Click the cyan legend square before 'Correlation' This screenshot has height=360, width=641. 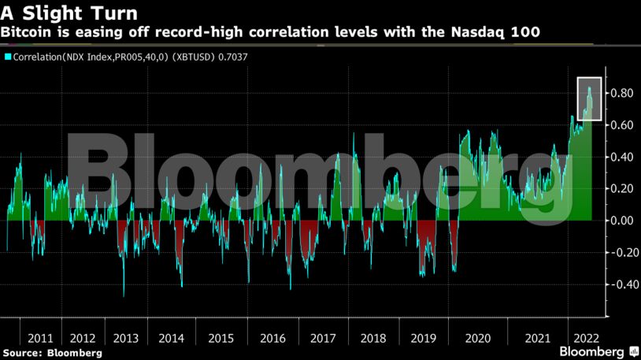click(8, 57)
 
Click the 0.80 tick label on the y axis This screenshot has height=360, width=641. click(621, 94)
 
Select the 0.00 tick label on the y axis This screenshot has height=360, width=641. click(621, 221)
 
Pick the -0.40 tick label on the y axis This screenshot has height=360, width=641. click(619, 284)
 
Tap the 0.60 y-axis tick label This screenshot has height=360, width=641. click(621, 125)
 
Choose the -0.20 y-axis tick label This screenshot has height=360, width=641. click(619, 253)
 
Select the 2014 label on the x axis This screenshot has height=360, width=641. click(172, 338)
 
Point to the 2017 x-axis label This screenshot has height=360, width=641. click(322, 338)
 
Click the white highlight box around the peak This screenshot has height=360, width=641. click(589, 78)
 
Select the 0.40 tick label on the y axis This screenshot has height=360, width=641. click(621, 158)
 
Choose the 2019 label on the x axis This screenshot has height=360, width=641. click(424, 338)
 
